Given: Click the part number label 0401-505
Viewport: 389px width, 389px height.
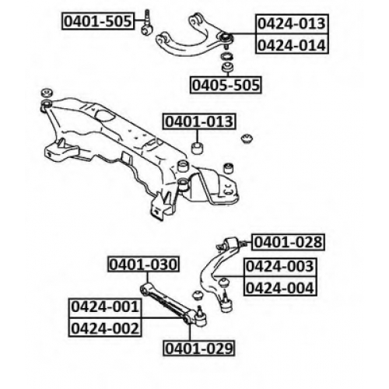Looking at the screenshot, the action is click(x=98, y=21).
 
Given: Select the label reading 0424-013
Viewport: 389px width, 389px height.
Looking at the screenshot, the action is click(x=292, y=23).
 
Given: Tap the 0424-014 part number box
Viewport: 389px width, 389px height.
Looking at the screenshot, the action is click(x=292, y=44).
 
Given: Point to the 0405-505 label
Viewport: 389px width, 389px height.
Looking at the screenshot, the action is click(x=226, y=85).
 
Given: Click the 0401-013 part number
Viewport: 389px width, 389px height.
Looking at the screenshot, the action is click(x=199, y=121).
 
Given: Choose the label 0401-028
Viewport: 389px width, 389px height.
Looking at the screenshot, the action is click(x=288, y=242).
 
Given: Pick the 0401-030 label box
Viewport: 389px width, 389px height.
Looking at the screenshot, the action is click(x=143, y=265).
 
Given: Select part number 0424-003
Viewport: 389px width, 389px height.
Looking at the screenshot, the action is click(x=280, y=267).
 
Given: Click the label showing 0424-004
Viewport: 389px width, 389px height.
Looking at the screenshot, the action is click(x=280, y=287).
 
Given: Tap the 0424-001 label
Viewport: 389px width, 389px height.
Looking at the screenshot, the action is click(x=105, y=308).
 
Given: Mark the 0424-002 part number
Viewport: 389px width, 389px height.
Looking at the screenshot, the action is click(x=105, y=328).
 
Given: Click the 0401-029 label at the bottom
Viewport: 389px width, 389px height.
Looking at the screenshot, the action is click(x=199, y=349).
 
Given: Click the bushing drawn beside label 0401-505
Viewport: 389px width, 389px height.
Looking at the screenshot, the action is click(x=147, y=30).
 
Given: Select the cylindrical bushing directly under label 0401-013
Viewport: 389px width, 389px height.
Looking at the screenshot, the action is click(x=197, y=148).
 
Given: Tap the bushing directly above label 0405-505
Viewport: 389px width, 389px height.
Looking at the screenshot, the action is click(x=227, y=66).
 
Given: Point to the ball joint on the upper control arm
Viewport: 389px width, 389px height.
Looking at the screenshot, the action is click(x=226, y=37).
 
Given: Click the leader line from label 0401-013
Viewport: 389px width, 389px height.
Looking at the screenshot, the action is click(x=197, y=135).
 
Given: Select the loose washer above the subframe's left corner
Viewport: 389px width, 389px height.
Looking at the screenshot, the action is click(x=47, y=93).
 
